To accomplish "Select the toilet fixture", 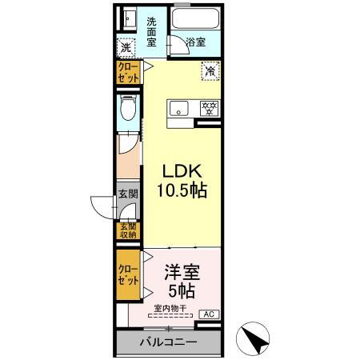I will click(x=126, y=109).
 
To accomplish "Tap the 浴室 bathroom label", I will click(x=196, y=42).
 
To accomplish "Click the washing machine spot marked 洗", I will click(x=126, y=48).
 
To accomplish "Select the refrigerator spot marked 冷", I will click(x=210, y=71).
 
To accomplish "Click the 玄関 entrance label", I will click(x=128, y=193).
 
